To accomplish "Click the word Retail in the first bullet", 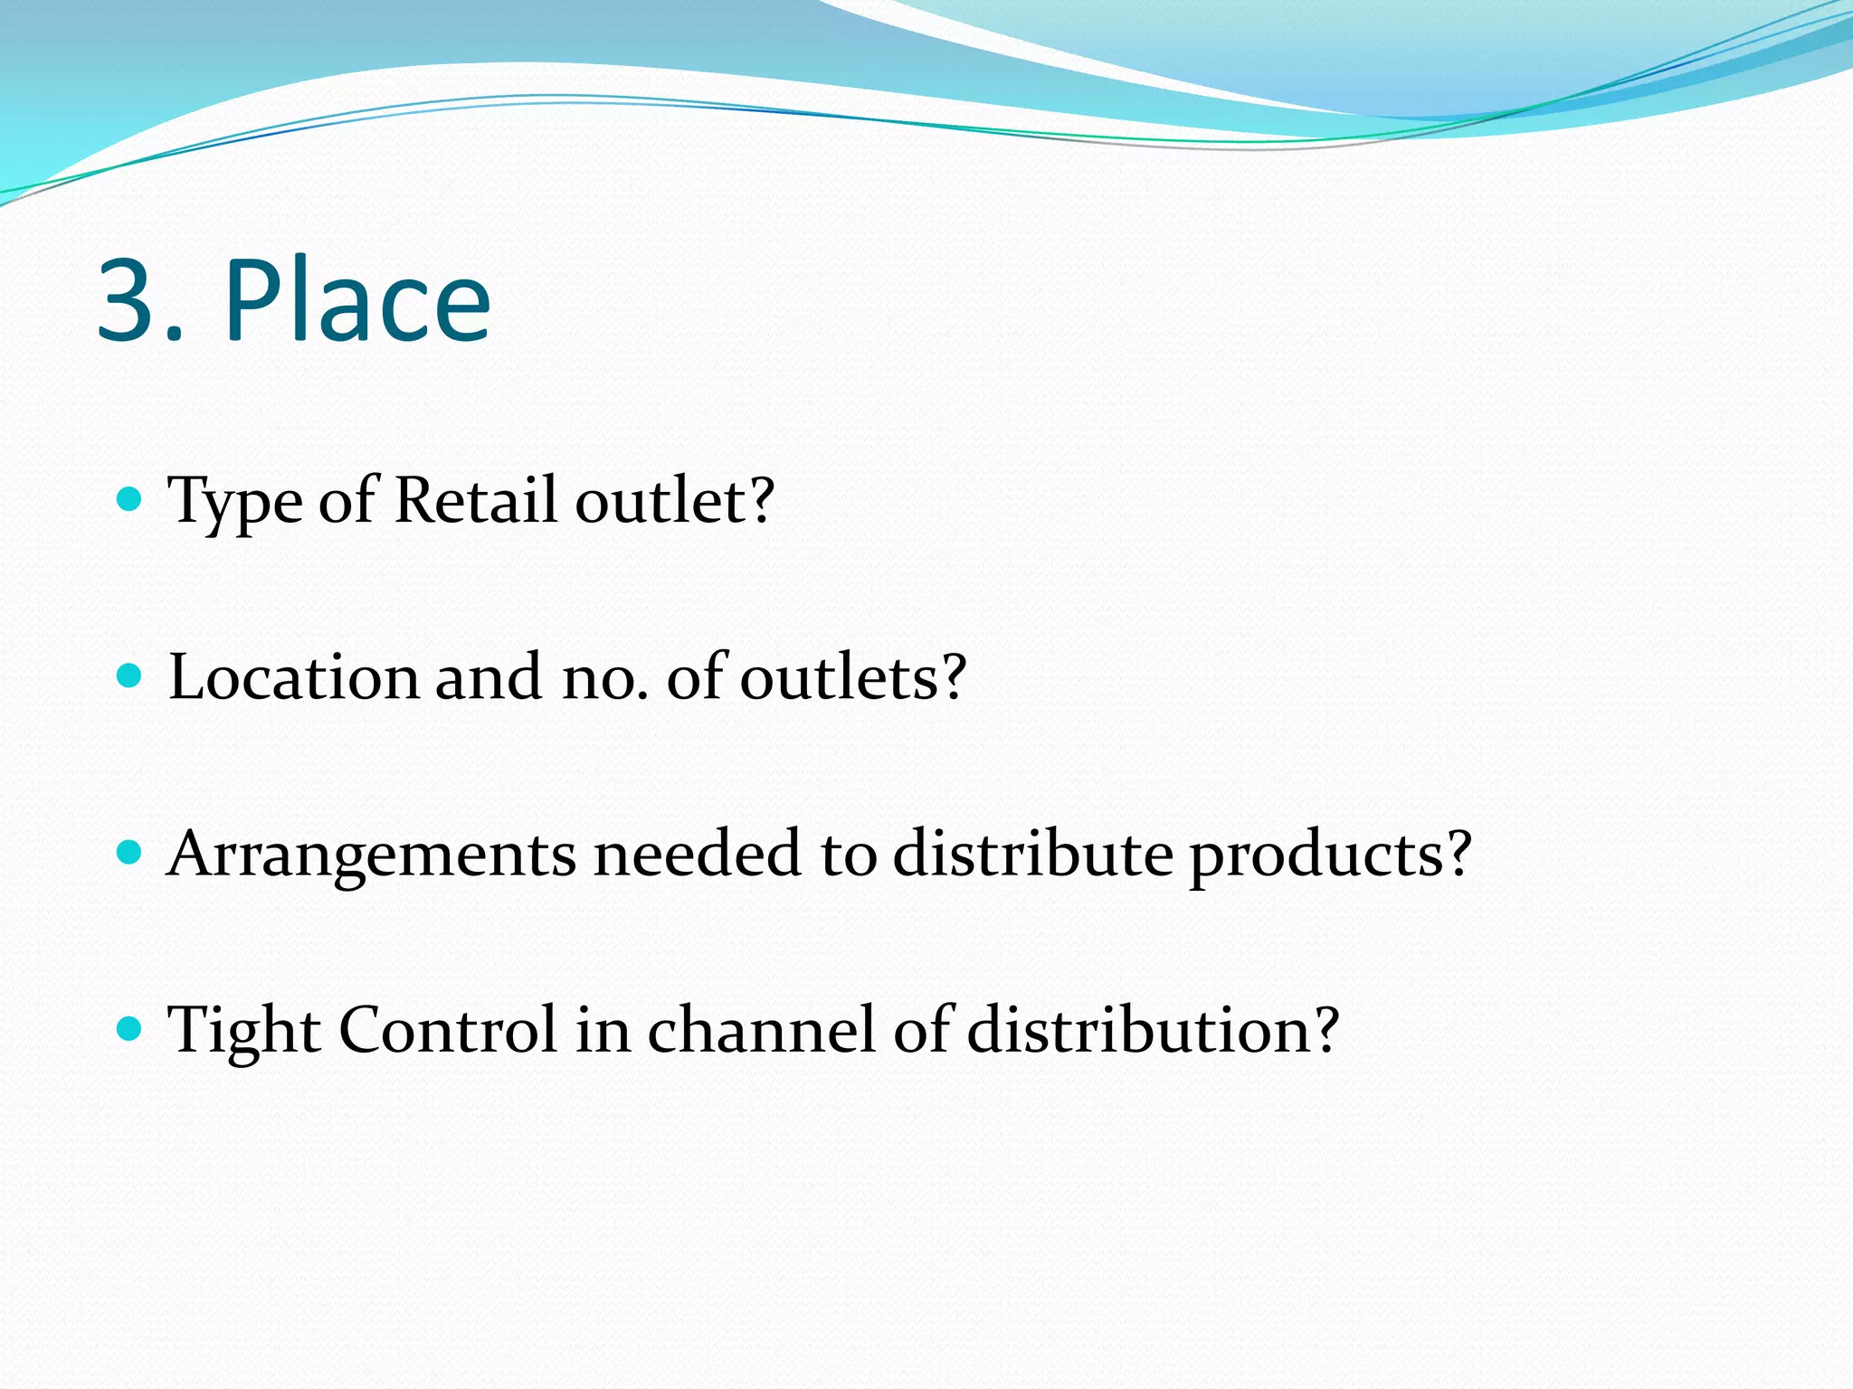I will click(475, 499).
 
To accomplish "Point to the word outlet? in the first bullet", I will click(675, 499).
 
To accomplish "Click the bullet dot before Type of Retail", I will click(130, 498).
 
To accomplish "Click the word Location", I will click(293, 676).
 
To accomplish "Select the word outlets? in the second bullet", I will click(853, 676).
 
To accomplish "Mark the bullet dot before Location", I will click(130, 676).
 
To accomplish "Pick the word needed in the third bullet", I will click(697, 853).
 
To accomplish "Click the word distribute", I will click(1032, 853).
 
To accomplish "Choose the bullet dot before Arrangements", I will click(130, 852).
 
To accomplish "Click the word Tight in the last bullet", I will click(243, 1031).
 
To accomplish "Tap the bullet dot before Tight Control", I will click(130, 1028).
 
